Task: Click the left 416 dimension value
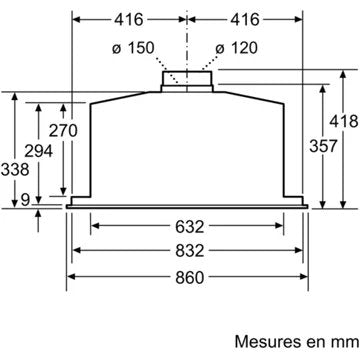click(x=129, y=20)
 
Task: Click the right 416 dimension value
click(x=245, y=20)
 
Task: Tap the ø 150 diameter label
click(x=133, y=48)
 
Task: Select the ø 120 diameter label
click(x=237, y=48)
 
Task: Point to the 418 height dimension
click(x=344, y=121)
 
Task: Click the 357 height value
click(x=323, y=146)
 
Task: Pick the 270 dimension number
click(x=63, y=130)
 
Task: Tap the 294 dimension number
click(x=38, y=151)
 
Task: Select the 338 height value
click(x=15, y=170)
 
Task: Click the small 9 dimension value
click(x=25, y=200)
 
